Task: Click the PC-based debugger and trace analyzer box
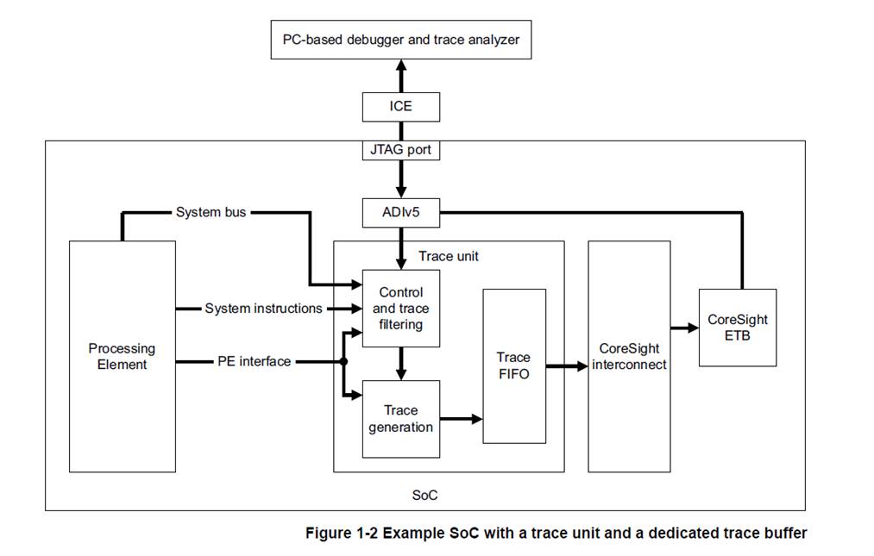[x=400, y=39]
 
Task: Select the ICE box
[x=400, y=107]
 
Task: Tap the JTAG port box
[x=400, y=150]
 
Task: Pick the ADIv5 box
[x=400, y=212]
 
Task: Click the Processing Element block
[x=122, y=356]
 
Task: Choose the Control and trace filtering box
[x=400, y=308]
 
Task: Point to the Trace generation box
[x=400, y=419]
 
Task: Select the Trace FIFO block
[x=513, y=365]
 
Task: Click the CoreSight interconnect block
[x=629, y=356]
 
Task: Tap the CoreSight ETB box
[x=737, y=327]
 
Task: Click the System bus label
[x=211, y=212]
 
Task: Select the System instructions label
[x=263, y=308]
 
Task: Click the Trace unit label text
[x=448, y=256]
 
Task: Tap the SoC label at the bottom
[x=425, y=496]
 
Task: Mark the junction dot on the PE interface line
[x=343, y=362]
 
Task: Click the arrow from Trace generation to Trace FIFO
[x=461, y=419]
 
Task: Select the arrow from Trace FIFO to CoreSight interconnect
[x=566, y=366]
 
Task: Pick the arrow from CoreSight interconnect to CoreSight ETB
[x=684, y=328]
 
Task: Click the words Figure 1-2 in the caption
[x=342, y=533]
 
